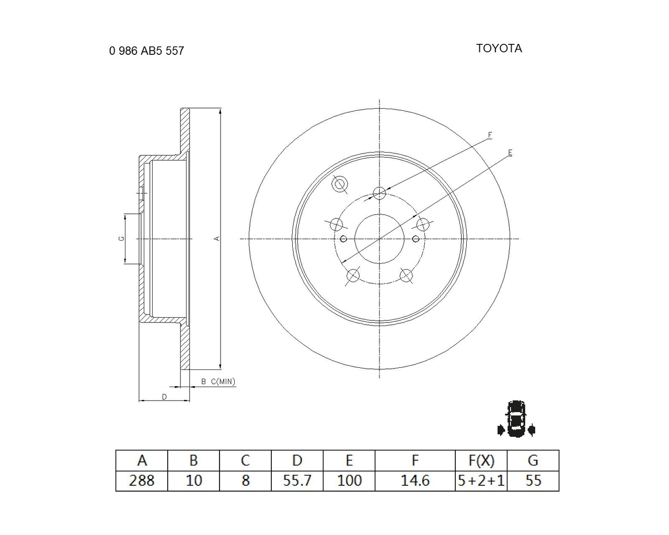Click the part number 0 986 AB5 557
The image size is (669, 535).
coord(146,51)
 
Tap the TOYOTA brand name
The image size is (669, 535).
coord(499,48)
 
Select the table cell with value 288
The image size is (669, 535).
coord(142,481)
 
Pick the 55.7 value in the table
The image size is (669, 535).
coord(297,481)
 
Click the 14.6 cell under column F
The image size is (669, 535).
coord(415,481)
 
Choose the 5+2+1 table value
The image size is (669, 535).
coord(481,481)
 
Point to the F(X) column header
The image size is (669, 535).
coord(481,460)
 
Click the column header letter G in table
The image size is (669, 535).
coord(533,460)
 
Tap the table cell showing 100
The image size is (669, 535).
coord(349,481)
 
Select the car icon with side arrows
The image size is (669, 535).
coord(516,418)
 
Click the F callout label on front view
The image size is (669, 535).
coord(490,135)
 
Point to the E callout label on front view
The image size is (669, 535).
coord(510,153)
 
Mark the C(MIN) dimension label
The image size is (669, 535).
coord(223,381)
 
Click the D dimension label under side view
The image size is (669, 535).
coord(165,397)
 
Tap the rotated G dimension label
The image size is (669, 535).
coord(122,238)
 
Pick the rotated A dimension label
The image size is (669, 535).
coord(217,238)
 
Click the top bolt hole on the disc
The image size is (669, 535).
coord(379,193)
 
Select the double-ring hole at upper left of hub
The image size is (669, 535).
coord(340,184)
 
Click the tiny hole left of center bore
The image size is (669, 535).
coord(343,239)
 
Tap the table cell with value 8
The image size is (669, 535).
coord(246,481)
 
